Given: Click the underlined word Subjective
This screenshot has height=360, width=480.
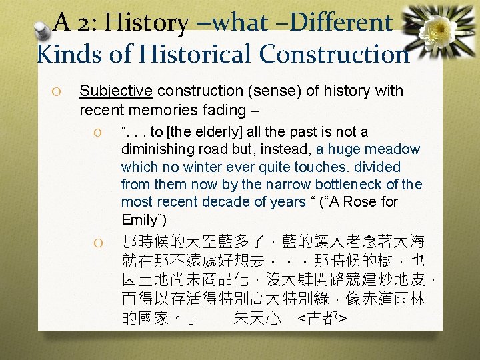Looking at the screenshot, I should pyautogui.click(x=115, y=91).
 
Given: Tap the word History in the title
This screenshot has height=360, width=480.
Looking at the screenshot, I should pyautogui.click(x=145, y=23).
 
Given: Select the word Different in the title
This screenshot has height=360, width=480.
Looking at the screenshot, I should pyautogui.click(x=342, y=23).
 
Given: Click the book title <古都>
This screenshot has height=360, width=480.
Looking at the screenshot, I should pyautogui.click(x=321, y=319).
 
